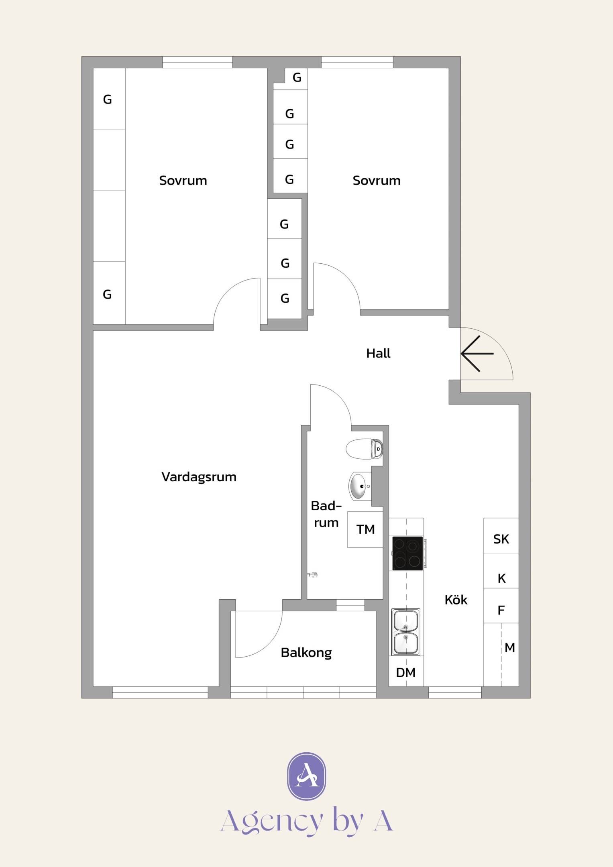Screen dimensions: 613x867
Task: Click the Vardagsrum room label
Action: coord(199,477)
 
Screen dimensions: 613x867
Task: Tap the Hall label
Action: coord(378,353)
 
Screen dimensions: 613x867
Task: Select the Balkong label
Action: coord(306,653)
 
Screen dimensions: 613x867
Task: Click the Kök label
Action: coord(456,600)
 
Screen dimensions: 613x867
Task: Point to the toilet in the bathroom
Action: coord(365,449)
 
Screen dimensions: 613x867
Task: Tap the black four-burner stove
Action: coord(408,553)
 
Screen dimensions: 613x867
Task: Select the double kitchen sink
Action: coord(406,632)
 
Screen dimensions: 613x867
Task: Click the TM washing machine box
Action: coord(365,529)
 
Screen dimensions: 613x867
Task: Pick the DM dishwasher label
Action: coord(406,673)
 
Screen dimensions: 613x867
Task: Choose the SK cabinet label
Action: coord(501,539)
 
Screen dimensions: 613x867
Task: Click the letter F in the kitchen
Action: coord(501,610)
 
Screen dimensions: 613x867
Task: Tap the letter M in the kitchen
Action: coord(510,647)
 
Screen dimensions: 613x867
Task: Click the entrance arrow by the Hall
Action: coord(477,354)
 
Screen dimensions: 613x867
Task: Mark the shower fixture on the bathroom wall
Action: coord(312,575)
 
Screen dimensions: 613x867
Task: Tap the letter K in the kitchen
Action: coord(502,578)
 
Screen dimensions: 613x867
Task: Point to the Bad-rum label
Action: coord(326,514)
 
